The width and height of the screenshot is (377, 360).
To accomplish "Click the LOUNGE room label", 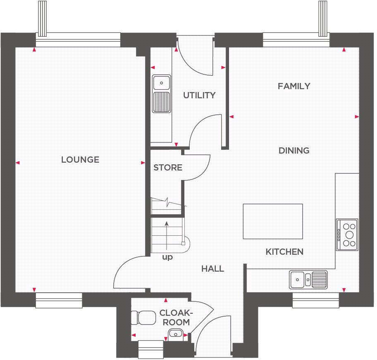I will click(80, 159).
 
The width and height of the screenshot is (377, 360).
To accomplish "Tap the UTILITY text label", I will click(199, 95).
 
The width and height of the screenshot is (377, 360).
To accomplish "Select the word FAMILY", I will click(294, 86).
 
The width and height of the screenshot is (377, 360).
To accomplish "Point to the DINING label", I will click(294, 151).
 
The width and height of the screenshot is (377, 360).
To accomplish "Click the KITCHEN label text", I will click(284, 251).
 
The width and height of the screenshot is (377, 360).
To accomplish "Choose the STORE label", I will click(167, 168).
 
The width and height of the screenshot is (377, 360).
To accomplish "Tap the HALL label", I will click(212, 269).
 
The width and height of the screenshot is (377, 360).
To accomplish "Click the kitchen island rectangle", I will click(272, 221).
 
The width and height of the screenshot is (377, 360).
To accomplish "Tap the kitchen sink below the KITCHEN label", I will click(308, 279).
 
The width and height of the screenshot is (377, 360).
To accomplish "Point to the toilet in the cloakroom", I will click(141, 318).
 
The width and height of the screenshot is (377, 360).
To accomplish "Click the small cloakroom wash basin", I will click(175, 333).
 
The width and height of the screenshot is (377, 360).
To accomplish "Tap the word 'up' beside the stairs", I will click(167, 257).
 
